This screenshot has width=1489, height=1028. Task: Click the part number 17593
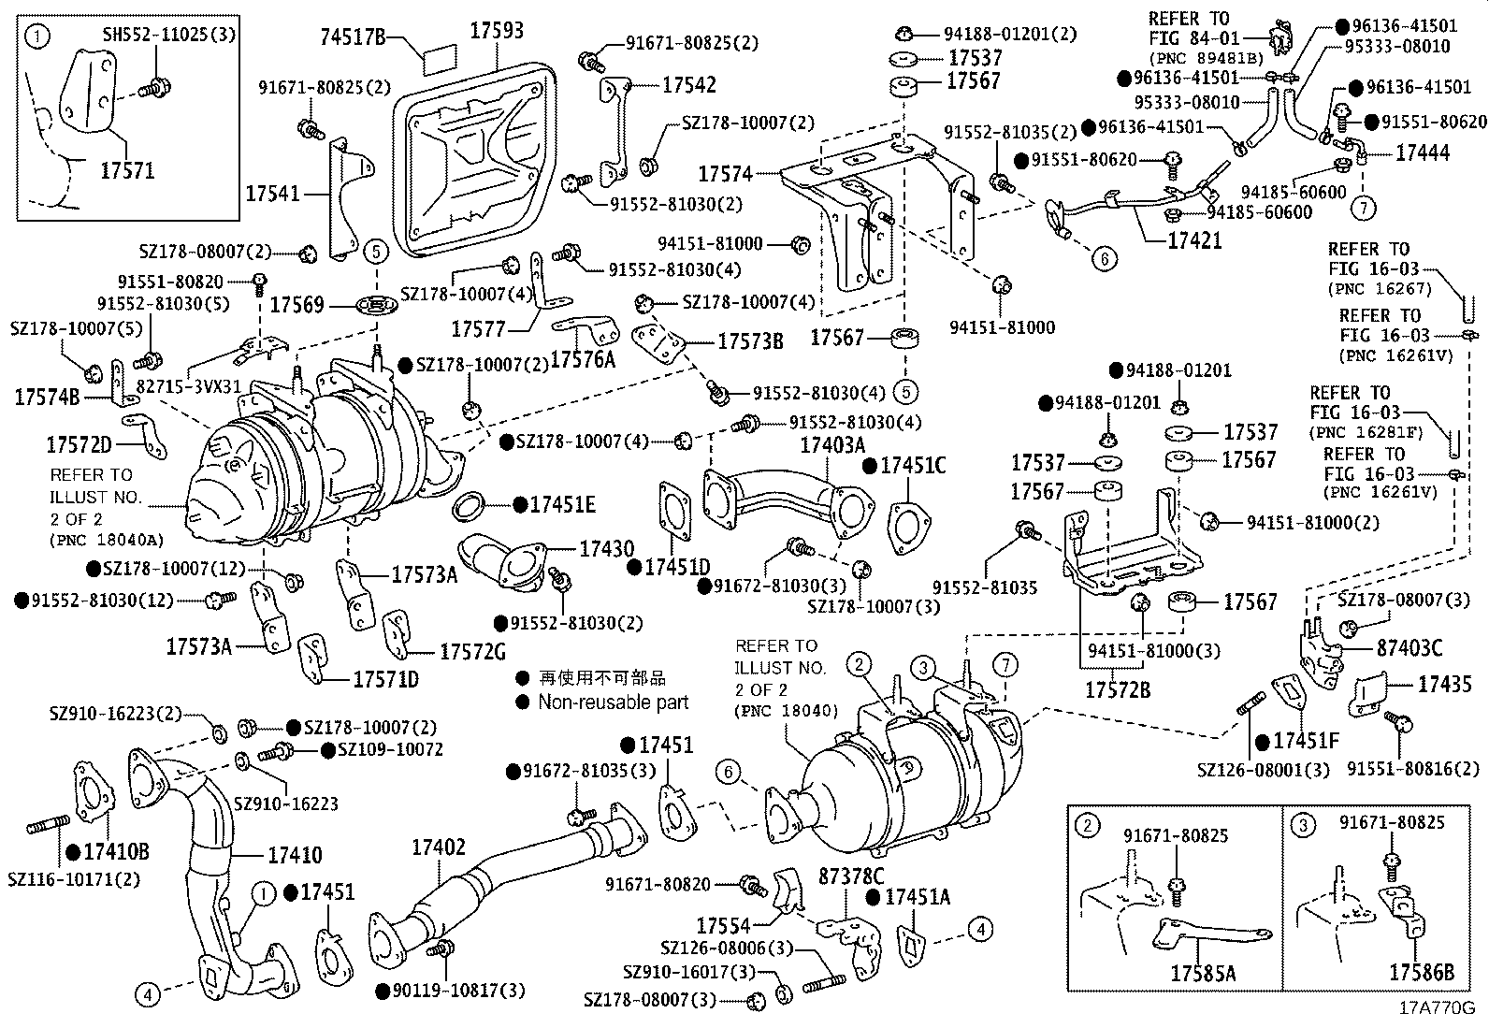[x=496, y=29]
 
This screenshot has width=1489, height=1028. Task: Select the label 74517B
[x=353, y=37]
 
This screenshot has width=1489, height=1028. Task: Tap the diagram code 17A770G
[x=1437, y=1008]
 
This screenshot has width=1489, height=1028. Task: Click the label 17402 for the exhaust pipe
[x=438, y=847]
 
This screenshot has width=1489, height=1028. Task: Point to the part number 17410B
[x=116, y=852]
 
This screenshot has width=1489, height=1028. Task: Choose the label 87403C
[x=1409, y=648]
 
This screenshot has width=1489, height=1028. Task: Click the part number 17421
[x=1194, y=239]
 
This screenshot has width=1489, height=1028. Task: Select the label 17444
[x=1423, y=152]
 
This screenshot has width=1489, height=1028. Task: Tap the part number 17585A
[x=1202, y=973]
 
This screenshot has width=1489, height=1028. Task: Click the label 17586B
[x=1421, y=973]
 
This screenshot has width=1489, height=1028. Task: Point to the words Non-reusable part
[x=613, y=702]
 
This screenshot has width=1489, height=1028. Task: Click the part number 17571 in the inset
[x=127, y=170]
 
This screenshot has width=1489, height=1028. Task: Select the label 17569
[x=296, y=304]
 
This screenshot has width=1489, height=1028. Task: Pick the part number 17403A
[x=832, y=444]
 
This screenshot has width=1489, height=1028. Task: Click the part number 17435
[x=1444, y=684]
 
